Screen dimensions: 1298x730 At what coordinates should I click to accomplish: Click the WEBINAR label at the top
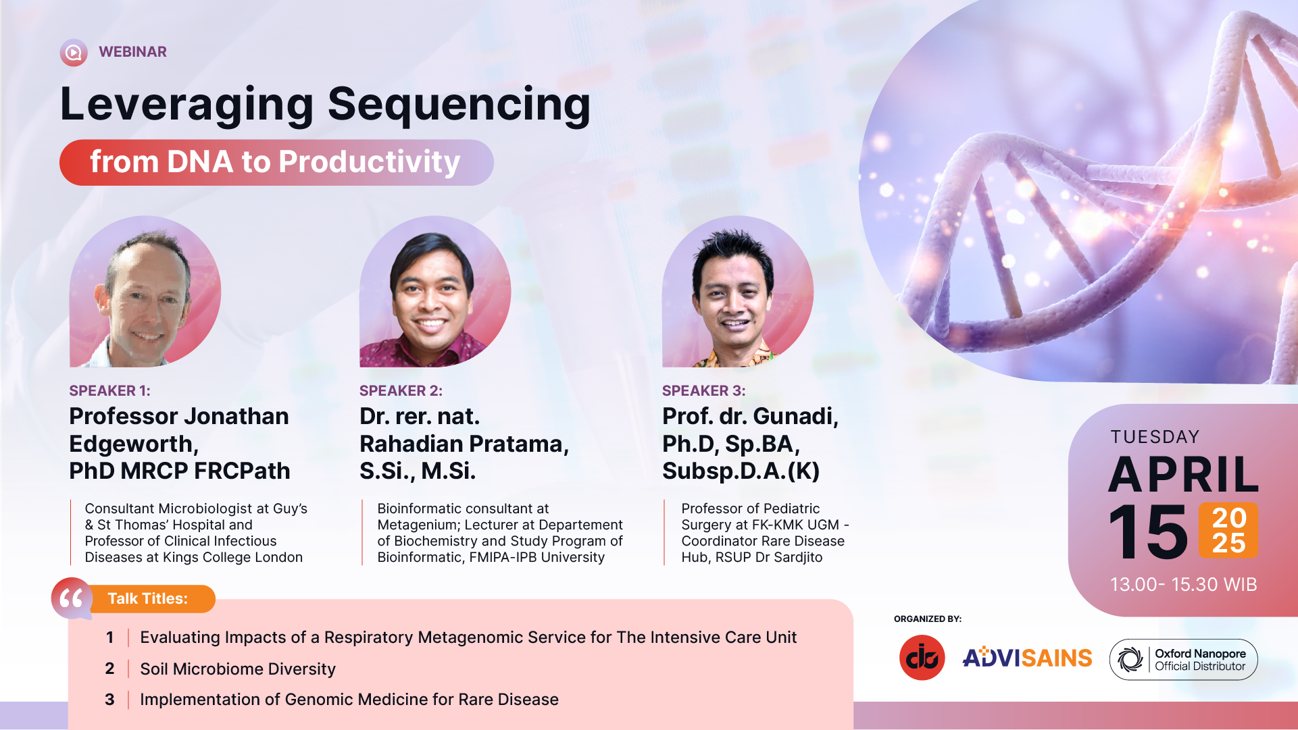132,52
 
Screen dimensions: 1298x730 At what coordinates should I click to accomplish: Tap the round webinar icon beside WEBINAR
74,53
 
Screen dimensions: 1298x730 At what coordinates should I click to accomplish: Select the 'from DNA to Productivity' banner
276,162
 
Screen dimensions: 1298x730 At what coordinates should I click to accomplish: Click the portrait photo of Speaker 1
145,291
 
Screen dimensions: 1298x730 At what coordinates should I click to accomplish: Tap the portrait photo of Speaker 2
435,291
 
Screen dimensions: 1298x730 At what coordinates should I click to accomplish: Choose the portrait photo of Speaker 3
738,291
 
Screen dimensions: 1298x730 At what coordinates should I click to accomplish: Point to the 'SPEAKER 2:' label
401,391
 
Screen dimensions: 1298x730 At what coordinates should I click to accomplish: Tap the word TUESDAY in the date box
1155,437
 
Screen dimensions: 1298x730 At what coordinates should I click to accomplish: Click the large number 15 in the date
1148,532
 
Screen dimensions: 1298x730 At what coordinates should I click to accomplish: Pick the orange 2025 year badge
1228,530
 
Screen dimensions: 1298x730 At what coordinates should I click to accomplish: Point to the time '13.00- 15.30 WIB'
1183,585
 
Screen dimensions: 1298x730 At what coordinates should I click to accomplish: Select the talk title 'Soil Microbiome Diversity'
238,669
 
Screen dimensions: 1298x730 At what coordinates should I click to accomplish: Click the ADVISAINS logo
1027,658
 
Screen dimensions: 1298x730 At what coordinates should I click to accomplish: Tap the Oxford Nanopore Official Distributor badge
1183,659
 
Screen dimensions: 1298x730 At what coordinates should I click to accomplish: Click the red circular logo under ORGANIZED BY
922,658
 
